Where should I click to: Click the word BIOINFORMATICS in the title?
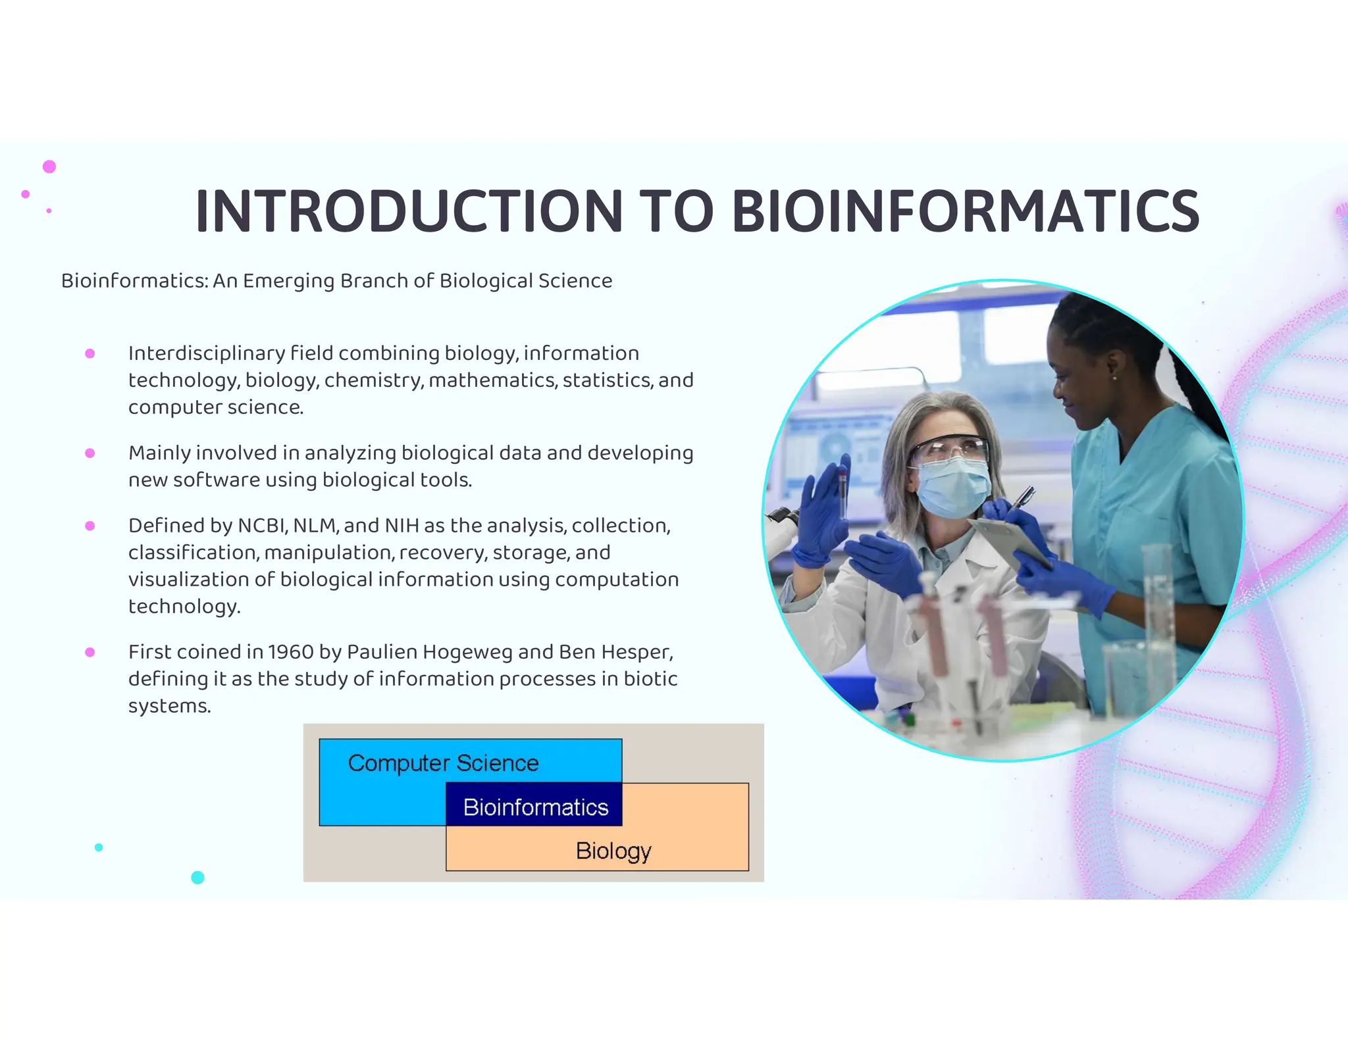click(x=965, y=212)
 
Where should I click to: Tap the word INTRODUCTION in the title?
click(x=408, y=212)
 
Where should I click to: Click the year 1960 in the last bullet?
click(x=291, y=652)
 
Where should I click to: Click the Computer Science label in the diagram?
click(x=443, y=763)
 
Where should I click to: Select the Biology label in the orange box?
click(x=613, y=851)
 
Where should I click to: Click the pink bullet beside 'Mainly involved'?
click(x=90, y=453)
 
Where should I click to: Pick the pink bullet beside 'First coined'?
click(x=90, y=652)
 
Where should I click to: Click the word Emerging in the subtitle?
click(x=288, y=281)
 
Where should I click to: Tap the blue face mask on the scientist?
click(x=952, y=488)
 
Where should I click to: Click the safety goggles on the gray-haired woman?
click(x=949, y=450)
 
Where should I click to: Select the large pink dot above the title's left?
click(x=49, y=166)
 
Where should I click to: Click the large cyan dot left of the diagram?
click(x=197, y=877)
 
